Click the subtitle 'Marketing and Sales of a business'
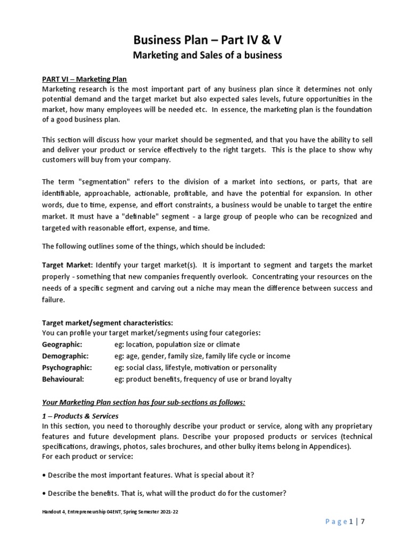tap(204, 55)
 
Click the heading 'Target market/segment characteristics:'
tap(108, 323)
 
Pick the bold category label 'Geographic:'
tap(62, 344)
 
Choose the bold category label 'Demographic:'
tap(66, 356)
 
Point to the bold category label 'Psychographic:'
tap(67, 368)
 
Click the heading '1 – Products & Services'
tap(80, 416)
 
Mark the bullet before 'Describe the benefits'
tap(44, 494)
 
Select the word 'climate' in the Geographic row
tap(227, 344)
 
